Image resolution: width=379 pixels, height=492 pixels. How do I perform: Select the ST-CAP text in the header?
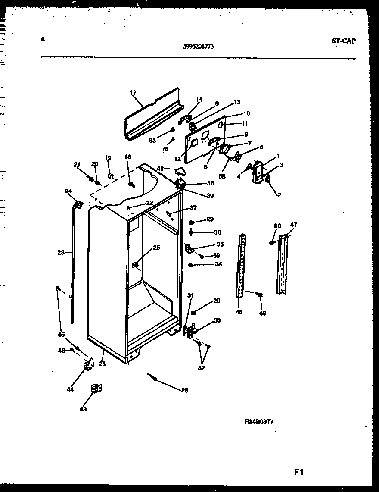coord(344,41)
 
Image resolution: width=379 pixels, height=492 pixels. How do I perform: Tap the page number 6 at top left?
coord(43,39)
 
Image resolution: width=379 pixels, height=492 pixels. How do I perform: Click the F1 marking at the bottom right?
coord(299,472)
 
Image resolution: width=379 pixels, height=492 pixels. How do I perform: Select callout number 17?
coord(133,92)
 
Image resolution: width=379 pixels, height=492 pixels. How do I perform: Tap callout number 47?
coord(293,225)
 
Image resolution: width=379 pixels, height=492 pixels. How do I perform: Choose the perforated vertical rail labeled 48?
coord(241,265)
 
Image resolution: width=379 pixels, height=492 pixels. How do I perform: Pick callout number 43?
coord(83,409)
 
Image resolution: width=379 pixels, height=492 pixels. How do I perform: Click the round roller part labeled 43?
coord(95,389)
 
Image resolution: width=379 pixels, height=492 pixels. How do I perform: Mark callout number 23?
coord(61,253)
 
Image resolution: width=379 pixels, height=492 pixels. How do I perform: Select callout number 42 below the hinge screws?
coord(202,368)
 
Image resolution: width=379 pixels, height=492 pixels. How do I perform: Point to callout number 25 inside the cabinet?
coord(156,248)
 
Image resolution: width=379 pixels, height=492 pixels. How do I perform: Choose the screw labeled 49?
coord(259,295)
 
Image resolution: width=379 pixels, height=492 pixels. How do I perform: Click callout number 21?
coord(77,164)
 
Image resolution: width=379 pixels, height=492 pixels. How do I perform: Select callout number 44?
coord(70,389)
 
